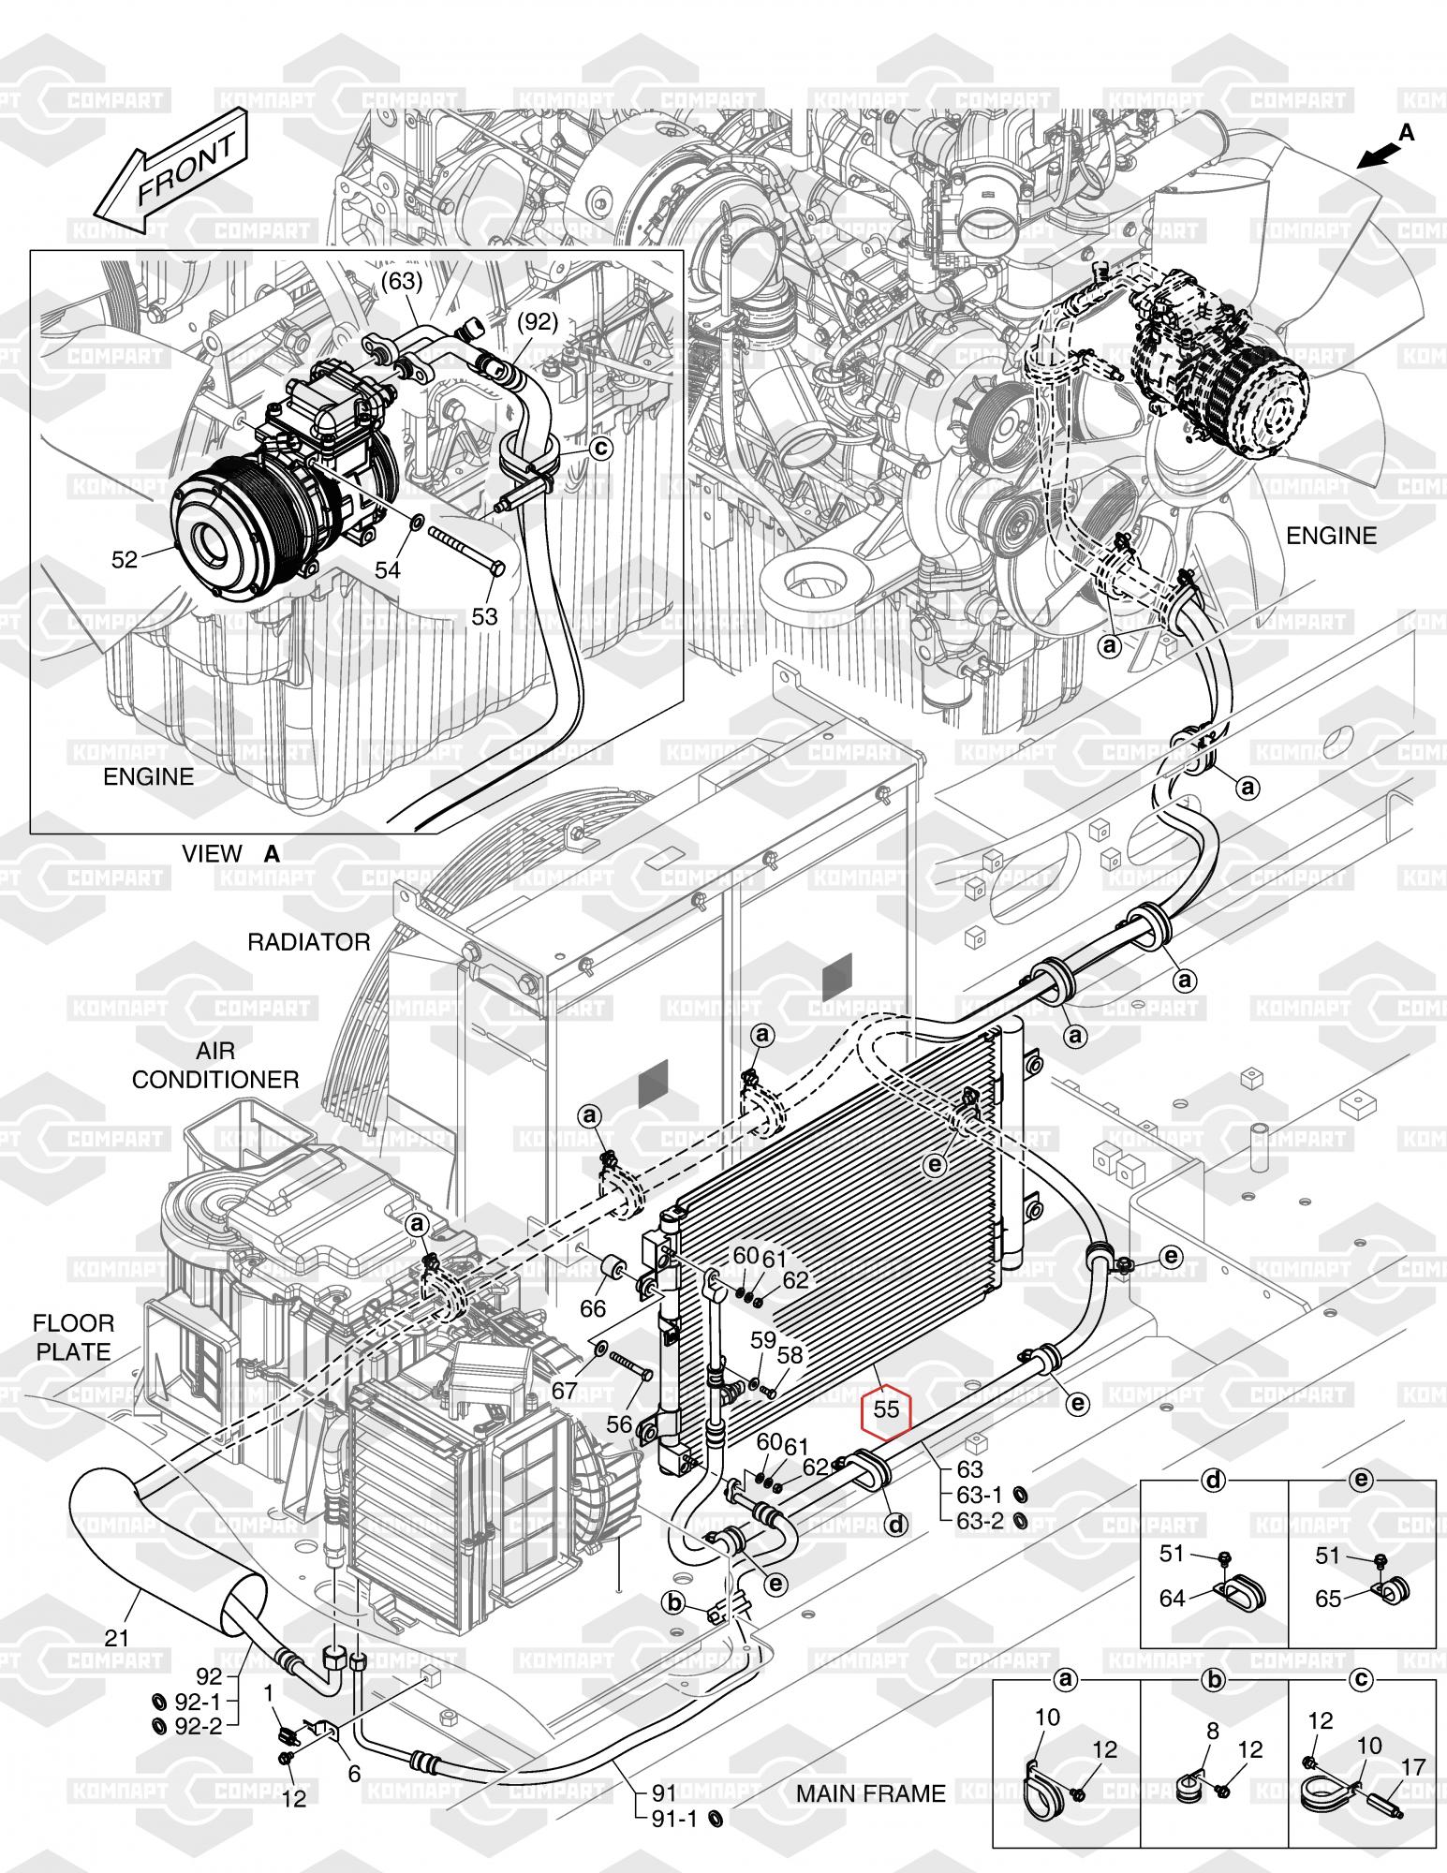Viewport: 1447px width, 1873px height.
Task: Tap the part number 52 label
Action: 125,560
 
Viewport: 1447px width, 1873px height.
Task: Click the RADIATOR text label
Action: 308,942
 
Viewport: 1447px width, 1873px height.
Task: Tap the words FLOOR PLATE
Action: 73,1337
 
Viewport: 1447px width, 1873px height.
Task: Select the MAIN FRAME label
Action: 870,1793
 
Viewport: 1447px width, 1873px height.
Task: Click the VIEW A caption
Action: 230,853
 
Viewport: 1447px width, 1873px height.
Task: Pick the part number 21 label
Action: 116,1638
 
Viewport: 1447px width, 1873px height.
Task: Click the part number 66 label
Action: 593,1307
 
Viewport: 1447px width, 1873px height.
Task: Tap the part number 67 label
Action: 564,1392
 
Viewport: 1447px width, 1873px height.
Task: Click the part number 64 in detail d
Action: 1173,1599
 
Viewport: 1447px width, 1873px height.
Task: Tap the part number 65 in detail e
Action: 1328,1599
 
